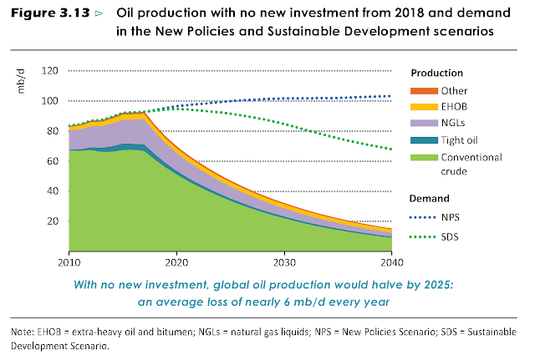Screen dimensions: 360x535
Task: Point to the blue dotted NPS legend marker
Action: tap(420, 217)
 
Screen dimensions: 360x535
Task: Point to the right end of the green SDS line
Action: tap(391, 150)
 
